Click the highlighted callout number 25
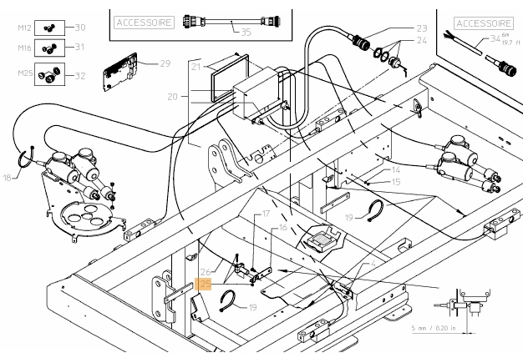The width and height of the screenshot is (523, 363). click(x=205, y=284)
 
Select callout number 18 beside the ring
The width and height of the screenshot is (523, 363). click(x=8, y=178)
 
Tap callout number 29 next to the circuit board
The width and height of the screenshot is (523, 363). click(x=165, y=63)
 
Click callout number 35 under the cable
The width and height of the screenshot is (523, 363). click(x=245, y=33)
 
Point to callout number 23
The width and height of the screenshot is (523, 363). click(x=420, y=28)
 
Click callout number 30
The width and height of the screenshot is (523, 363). click(x=80, y=28)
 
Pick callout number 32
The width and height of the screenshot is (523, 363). click(x=80, y=76)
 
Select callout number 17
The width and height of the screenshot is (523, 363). click(x=267, y=214)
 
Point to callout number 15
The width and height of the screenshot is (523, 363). click(x=396, y=181)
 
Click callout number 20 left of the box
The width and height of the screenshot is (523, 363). click(x=173, y=97)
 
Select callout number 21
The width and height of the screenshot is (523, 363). click(x=196, y=66)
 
